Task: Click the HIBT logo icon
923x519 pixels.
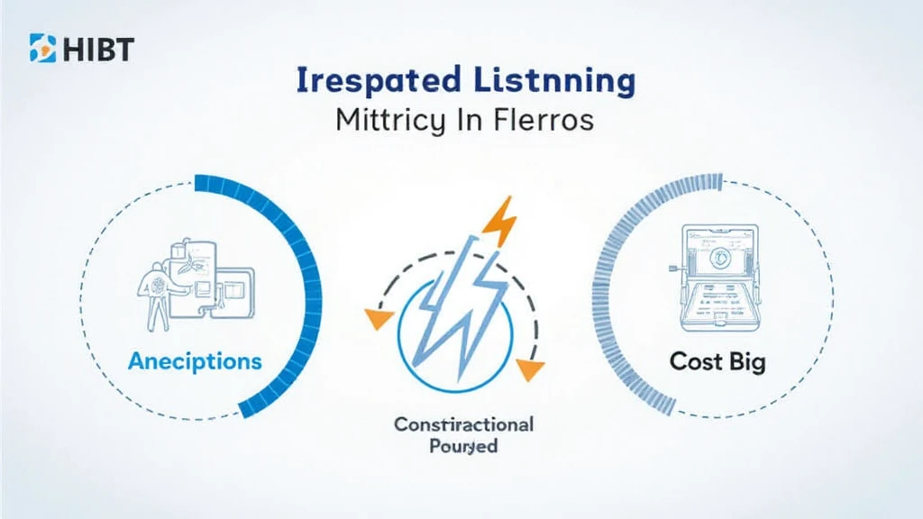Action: click(x=41, y=47)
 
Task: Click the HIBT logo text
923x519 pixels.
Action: click(x=97, y=48)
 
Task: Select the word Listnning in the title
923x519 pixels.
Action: click(x=549, y=81)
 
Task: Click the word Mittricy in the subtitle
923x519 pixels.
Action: click(x=389, y=121)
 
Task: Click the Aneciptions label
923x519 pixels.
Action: click(x=195, y=361)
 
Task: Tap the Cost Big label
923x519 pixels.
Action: click(x=717, y=362)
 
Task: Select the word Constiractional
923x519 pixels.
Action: click(x=463, y=423)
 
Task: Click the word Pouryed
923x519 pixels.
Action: click(x=463, y=447)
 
